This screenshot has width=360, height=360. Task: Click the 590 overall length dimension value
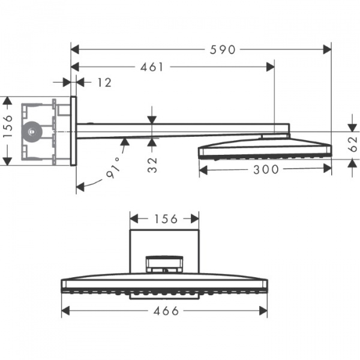223,50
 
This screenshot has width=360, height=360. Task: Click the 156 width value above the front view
166,219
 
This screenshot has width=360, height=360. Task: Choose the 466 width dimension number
166,310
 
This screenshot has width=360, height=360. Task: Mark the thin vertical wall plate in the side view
74,130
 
